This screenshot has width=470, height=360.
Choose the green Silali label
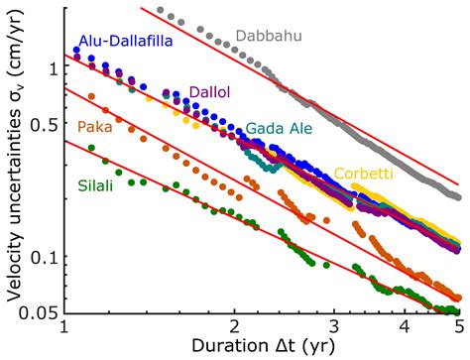[98, 184]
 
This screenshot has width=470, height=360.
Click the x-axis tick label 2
[234, 327]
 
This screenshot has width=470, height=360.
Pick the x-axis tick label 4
[405, 327]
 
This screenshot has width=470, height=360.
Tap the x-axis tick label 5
[458, 327]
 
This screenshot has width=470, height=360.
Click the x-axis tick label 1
[63, 327]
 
